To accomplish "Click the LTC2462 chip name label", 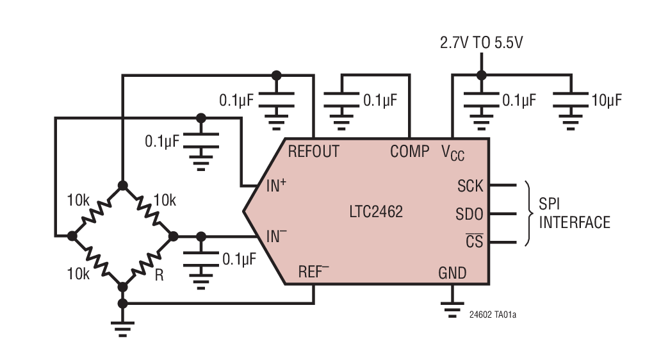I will pyautogui.click(x=376, y=211).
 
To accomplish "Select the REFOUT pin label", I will pyautogui.click(x=313, y=152).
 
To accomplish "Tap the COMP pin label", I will pyautogui.click(x=410, y=152).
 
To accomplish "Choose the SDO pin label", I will pyautogui.click(x=469, y=214).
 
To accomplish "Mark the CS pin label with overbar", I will pyautogui.click(x=474, y=242).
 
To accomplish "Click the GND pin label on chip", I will pyautogui.click(x=452, y=274).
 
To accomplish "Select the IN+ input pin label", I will pyautogui.click(x=276, y=186).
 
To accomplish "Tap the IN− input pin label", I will pyautogui.click(x=276, y=237).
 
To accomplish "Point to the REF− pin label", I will pyautogui.click(x=313, y=272).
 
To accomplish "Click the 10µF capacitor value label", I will pyautogui.click(x=607, y=101).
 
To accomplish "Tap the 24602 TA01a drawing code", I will pyautogui.click(x=492, y=315).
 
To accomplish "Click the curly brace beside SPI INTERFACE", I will pyautogui.click(x=528, y=214).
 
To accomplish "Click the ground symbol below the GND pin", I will pyautogui.click(x=452, y=309).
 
